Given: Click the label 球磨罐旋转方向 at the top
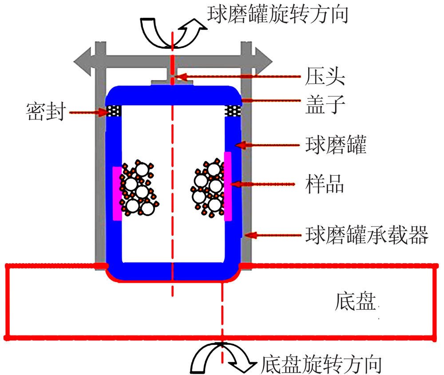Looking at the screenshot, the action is (278, 14).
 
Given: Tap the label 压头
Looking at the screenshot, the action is (325, 76).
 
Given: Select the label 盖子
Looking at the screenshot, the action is (325, 104).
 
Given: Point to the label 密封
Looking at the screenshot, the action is (46, 111).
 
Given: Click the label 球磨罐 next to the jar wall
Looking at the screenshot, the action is (336, 145).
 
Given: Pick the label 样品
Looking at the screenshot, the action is (325, 184).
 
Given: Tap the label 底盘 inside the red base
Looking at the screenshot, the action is (355, 302).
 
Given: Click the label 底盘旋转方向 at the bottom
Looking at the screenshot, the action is (321, 364).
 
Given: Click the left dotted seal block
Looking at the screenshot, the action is (114, 111).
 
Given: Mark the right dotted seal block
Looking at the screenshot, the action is (233, 111).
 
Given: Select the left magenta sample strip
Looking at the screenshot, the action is (117, 193).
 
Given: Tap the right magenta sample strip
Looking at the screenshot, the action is (228, 186).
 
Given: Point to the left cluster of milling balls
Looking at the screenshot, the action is (139, 188).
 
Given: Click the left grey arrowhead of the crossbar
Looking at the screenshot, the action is (83, 61).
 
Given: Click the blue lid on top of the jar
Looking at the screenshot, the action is (173, 95).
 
